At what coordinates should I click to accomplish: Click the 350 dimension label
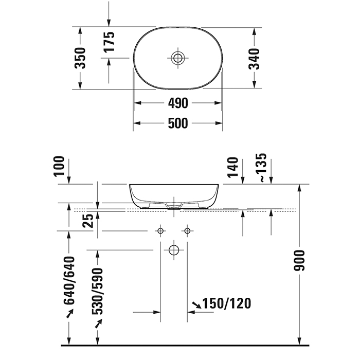(x=80, y=58)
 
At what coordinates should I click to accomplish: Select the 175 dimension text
(x=109, y=42)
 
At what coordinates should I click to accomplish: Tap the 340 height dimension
(x=254, y=59)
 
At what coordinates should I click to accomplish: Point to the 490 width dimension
(x=178, y=103)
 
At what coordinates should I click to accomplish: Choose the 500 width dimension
(x=178, y=123)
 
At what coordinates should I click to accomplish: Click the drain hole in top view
(x=178, y=58)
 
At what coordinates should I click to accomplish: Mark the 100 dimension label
(x=59, y=166)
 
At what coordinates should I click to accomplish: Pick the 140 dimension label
(x=233, y=167)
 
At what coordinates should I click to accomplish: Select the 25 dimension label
(x=88, y=221)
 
